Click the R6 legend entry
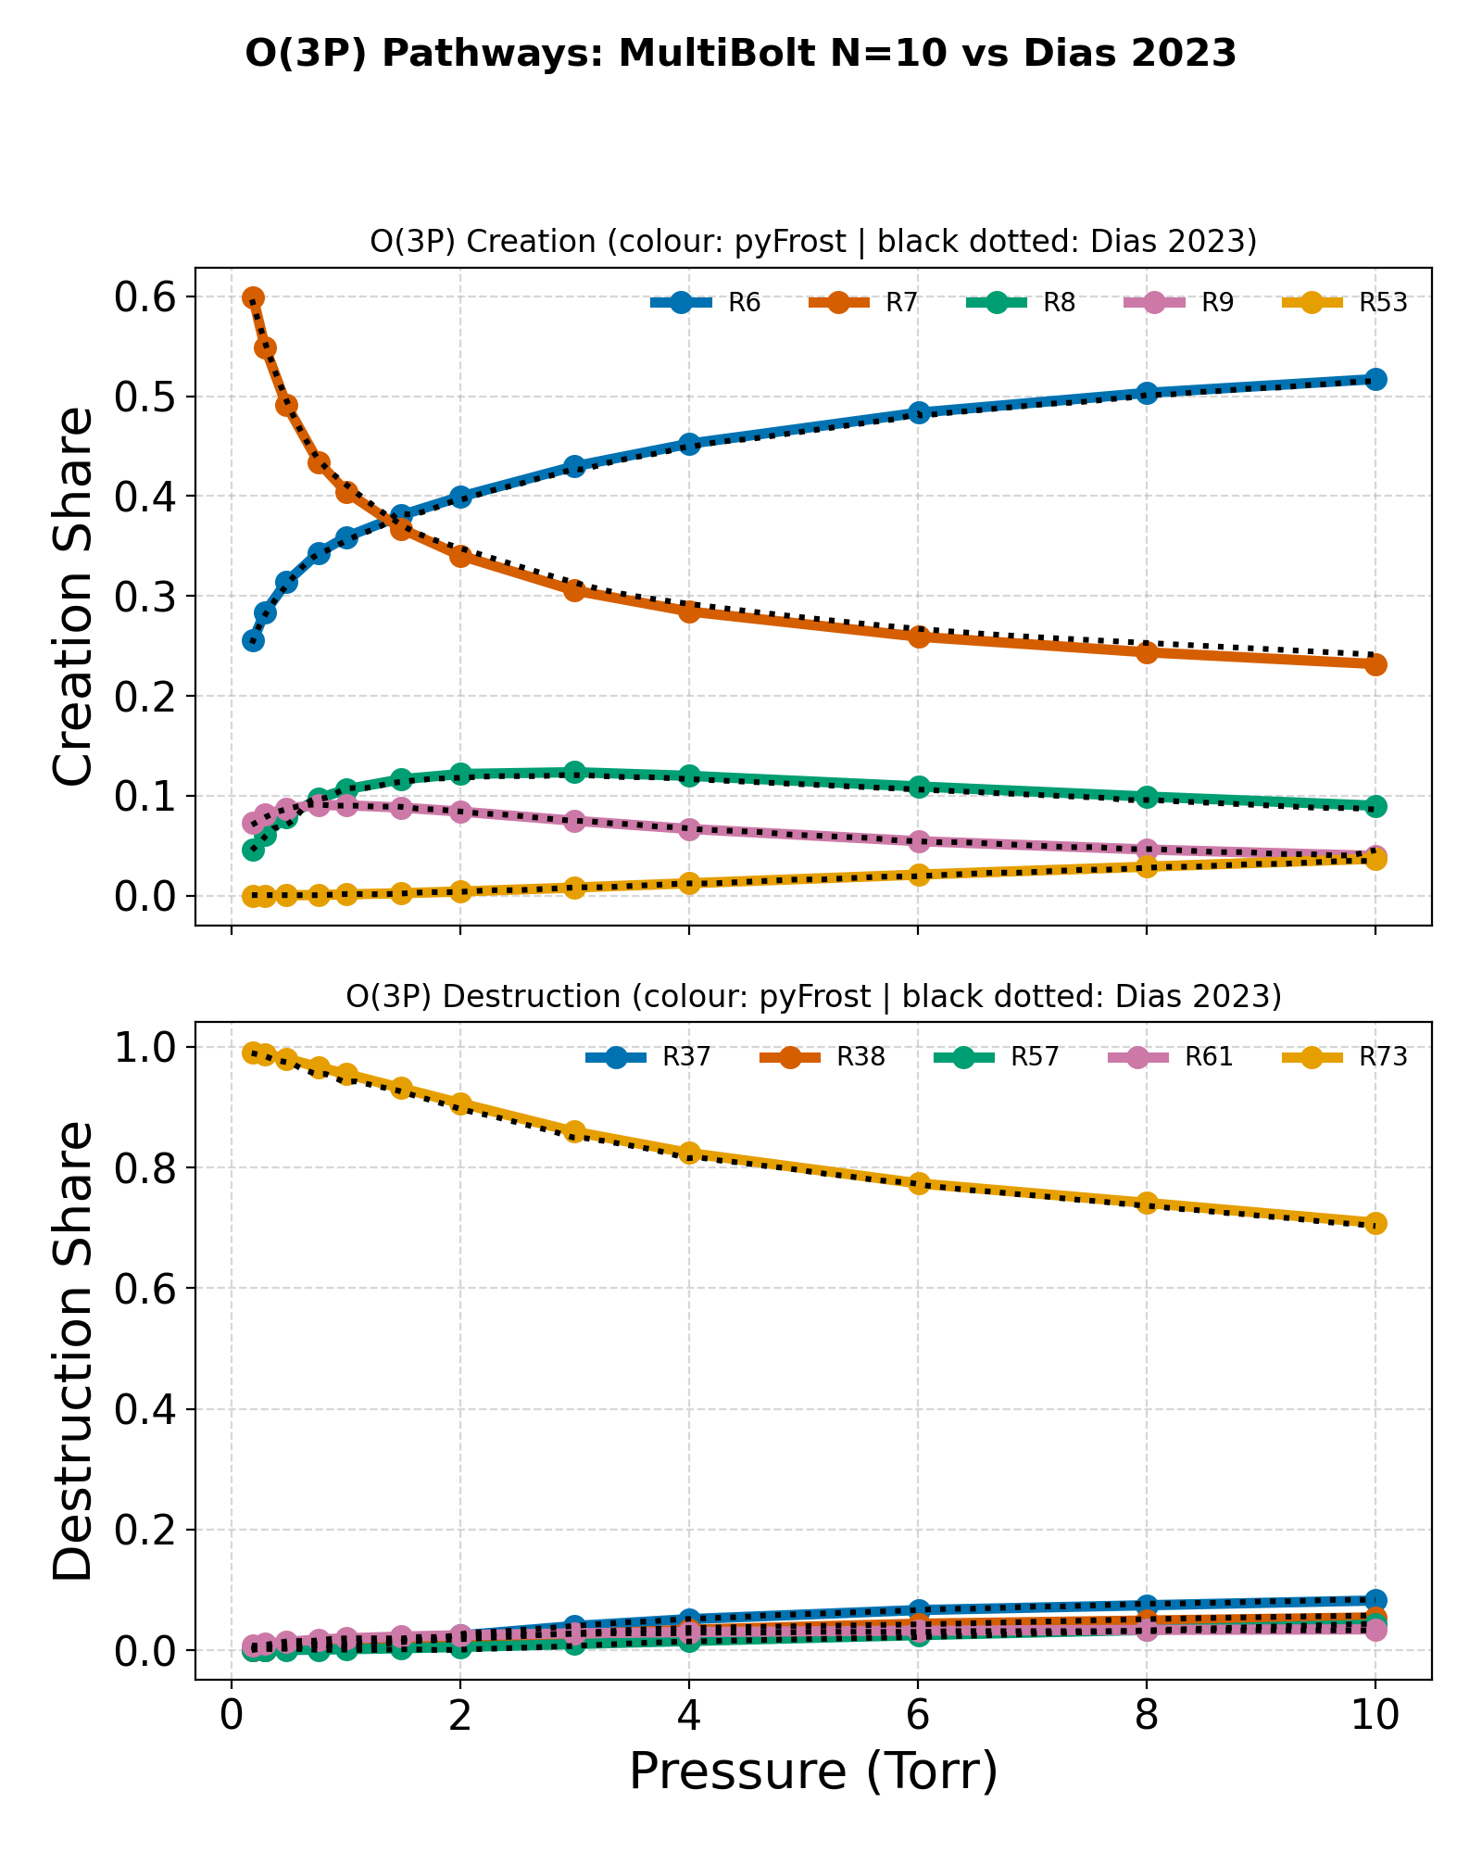(x=706, y=303)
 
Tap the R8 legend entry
(x=1021, y=303)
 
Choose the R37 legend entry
(x=648, y=1057)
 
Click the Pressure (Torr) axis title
(x=813, y=1772)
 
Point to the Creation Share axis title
(x=73, y=597)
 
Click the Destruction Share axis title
(x=73, y=1351)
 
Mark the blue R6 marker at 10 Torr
(x=1375, y=379)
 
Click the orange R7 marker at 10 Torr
(x=1375, y=664)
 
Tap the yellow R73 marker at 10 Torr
(x=1375, y=1223)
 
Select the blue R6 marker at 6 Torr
(x=918, y=412)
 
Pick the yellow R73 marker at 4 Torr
(x=689, y=1153)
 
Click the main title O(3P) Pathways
(x=741, y=54)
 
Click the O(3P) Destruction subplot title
(x=813, y=996)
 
